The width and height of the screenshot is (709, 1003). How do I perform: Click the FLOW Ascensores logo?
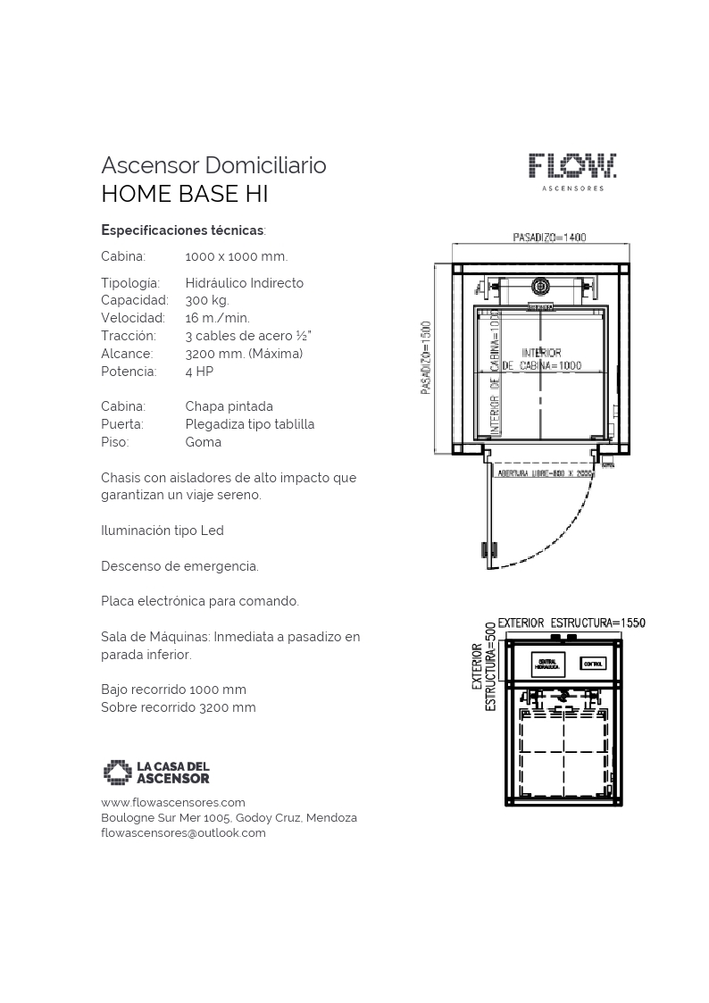coord(571,171)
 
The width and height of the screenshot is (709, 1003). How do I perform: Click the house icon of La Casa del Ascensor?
coord(117,772)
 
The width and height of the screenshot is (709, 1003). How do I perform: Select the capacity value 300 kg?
coord(207,300)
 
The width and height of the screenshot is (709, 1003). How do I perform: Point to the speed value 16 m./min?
coord(217,318)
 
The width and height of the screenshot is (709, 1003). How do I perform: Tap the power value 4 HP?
coord(199,372)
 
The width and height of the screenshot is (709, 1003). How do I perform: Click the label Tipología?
coord(130,283)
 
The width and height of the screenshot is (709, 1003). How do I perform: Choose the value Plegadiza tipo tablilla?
coord(250,424)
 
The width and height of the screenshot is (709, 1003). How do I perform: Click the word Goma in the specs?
coord(204,442)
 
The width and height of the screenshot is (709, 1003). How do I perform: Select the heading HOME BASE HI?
coord(185,194)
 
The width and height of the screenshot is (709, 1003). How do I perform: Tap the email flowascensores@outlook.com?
coord(183,832)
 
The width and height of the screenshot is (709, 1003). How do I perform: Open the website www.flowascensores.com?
coord(173,802)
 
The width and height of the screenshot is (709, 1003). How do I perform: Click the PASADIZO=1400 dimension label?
coord(549,238)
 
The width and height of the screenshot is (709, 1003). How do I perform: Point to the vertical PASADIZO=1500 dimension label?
coord(427,357)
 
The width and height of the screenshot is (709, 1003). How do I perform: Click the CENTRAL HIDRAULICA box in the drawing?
coord(546,664)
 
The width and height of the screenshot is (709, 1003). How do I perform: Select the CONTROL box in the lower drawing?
coord(593,664)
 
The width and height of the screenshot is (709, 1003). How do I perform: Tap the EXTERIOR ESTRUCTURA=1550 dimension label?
coord(571,623)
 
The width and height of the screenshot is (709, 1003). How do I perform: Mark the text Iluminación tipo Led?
coord(163,531)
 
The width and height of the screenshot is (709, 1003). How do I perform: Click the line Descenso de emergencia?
coord(179,566)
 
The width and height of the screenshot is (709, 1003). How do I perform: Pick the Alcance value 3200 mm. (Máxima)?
coord(244,354)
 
